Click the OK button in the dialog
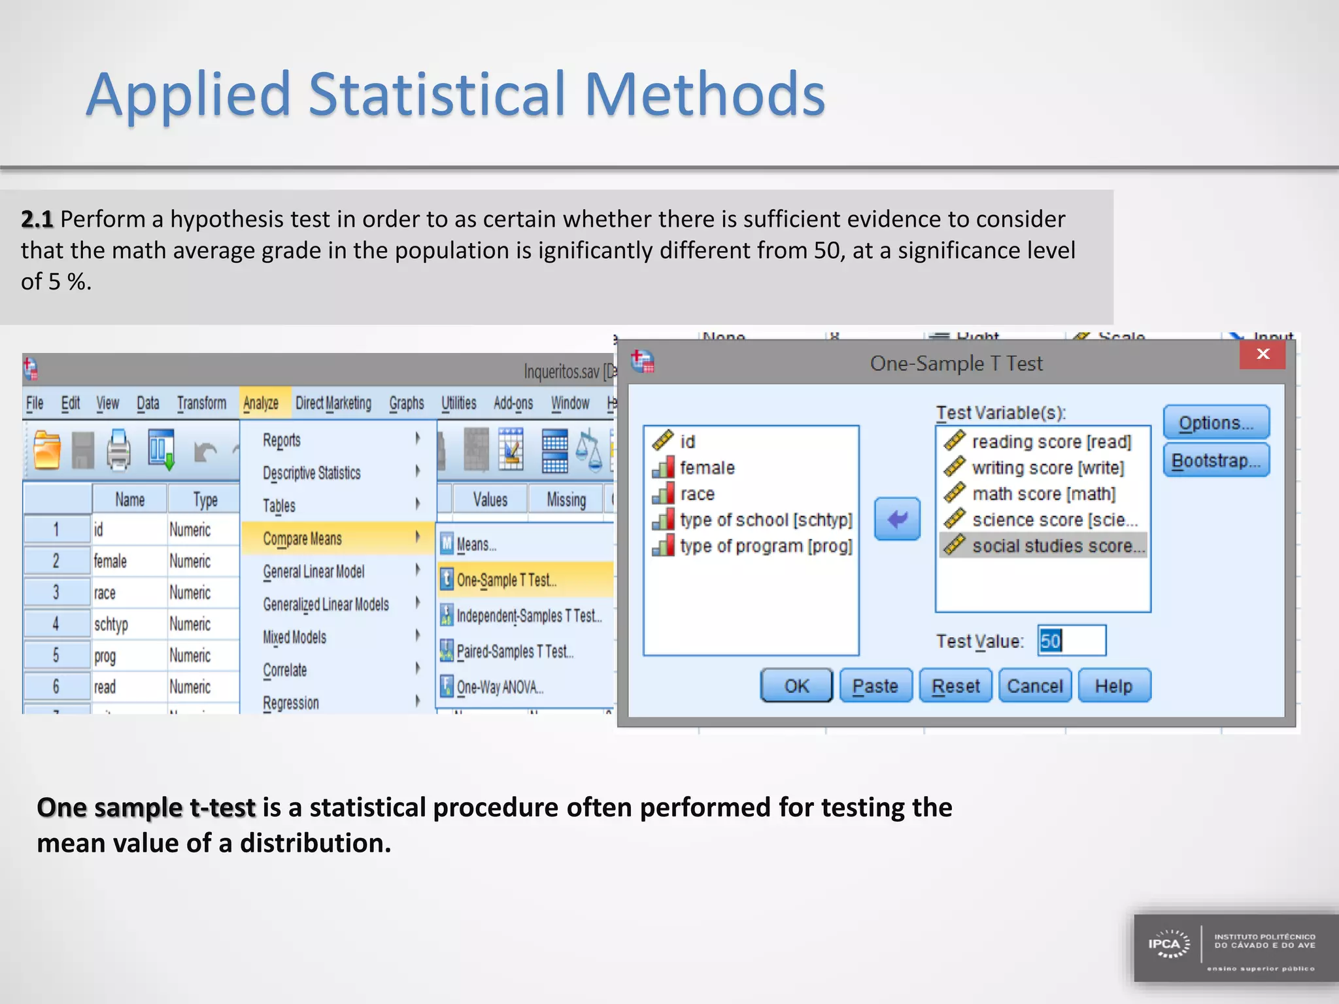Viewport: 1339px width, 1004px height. pos(796,686)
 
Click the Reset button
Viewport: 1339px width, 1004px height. pos(955,686)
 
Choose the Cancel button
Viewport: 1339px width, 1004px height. pos(1034,686)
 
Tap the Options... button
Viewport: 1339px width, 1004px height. pos(1215,423)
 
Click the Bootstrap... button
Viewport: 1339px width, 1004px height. pos(1215,461)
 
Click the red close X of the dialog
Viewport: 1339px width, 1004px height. pos(1263,354)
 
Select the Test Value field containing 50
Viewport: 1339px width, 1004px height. pos(1072,641)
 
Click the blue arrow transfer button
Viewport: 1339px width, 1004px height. pos(897,519)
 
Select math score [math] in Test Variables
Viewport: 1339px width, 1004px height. pos(1043,494)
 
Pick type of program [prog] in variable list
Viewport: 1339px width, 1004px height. pos(766,546)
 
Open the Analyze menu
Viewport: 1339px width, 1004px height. pos(261,403)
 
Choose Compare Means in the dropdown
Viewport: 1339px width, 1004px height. pos(303,539)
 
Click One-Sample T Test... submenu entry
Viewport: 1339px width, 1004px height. pos(506,580)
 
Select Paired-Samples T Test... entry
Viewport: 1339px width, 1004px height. pos(515,651)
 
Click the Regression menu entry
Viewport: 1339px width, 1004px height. pos(291,703)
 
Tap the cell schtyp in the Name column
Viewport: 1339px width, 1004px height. pos(111,624)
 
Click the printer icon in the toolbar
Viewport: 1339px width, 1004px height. pos(118,450)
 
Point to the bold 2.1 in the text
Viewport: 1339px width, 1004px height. pos(37,219)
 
